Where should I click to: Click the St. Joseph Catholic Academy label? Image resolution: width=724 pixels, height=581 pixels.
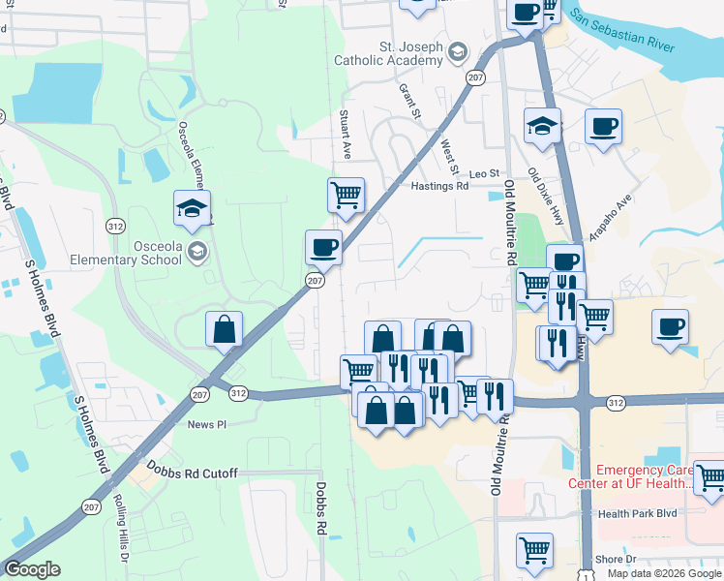coord(388,53)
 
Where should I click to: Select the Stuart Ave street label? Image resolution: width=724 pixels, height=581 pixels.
coord(344,135)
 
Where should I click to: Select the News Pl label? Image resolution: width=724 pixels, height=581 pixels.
coord(206,424)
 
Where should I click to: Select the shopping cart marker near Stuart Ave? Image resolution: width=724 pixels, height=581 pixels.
coord(346,197)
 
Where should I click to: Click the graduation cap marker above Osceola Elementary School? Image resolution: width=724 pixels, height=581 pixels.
coord(192,207)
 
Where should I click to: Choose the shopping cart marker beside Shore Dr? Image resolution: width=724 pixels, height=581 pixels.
coord(534,551)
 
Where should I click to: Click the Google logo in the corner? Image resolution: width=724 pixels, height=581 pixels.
coord(32,569)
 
